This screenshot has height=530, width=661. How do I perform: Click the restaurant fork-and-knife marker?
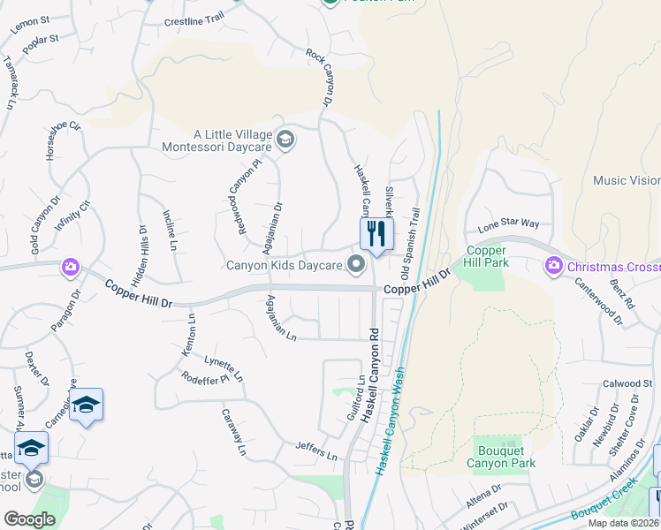click(x=376, y=234)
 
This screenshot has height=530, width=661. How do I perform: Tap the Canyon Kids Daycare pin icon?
click(x=356, y=263)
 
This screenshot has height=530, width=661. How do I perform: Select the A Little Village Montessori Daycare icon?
click(x=285, y=140)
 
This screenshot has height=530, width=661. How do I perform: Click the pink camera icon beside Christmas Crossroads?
click(x=554, y=265)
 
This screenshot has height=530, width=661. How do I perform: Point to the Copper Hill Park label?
click(x=485, y=256)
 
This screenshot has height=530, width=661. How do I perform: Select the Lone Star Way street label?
click(x=508, y=225)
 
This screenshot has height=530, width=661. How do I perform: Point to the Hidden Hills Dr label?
click(x=139, y=255)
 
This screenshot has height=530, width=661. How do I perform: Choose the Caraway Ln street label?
click(x=234, y=432)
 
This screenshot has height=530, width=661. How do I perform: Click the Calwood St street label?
click(x=627, y=383)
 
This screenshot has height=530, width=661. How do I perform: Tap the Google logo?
click(x=30, y=519)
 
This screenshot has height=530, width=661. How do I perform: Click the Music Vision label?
click(x=626, y=180)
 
